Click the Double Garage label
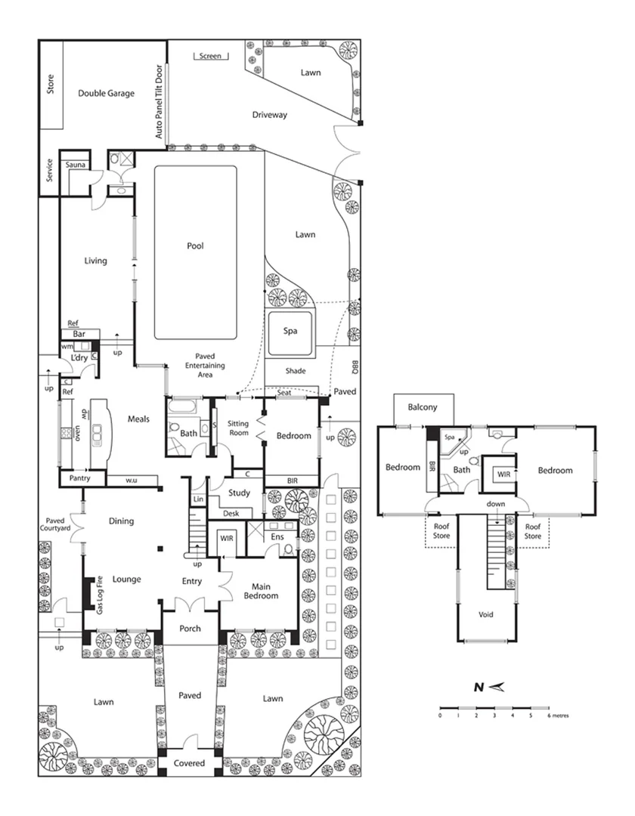pos(106,94)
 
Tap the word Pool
pos(196,246)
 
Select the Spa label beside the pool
pos(290,331)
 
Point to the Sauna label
pos(75,164)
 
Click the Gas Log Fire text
pos(99,595)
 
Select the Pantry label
pos(80,478)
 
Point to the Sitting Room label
pos(238,428)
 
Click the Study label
pos(240,493)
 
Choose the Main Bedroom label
pos(259,590)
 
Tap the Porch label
pos(190,629)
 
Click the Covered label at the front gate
pos(189,763)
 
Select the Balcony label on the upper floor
pos(423,406)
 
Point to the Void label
pos(486,614)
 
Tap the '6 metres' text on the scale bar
pos(557,714)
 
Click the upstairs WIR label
pos(501,474)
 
